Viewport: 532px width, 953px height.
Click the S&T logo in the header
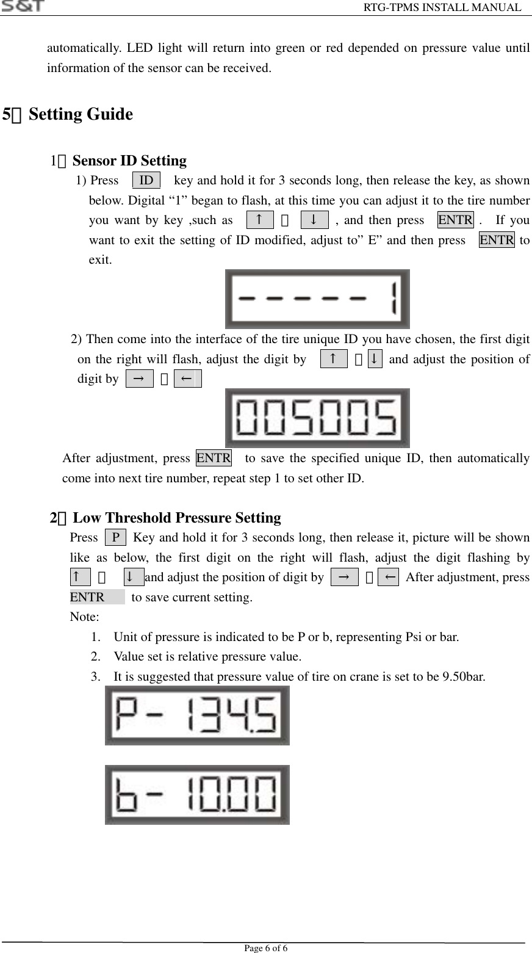(23, 6)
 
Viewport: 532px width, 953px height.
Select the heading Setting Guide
(81, 114)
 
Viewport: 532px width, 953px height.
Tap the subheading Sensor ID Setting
(129, 161)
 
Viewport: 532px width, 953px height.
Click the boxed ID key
(146, 181)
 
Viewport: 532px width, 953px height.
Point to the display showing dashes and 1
(317, 299)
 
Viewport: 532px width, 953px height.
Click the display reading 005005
(317, 418)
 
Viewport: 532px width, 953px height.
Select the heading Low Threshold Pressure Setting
(177, 518)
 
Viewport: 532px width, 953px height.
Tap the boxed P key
(116, 538)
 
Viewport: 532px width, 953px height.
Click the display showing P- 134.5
(197, 715)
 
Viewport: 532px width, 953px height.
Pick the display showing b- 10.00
(197, 794)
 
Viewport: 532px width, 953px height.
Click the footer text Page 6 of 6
(266, 948)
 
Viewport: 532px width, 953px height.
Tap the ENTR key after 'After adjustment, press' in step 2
(214, 457)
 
